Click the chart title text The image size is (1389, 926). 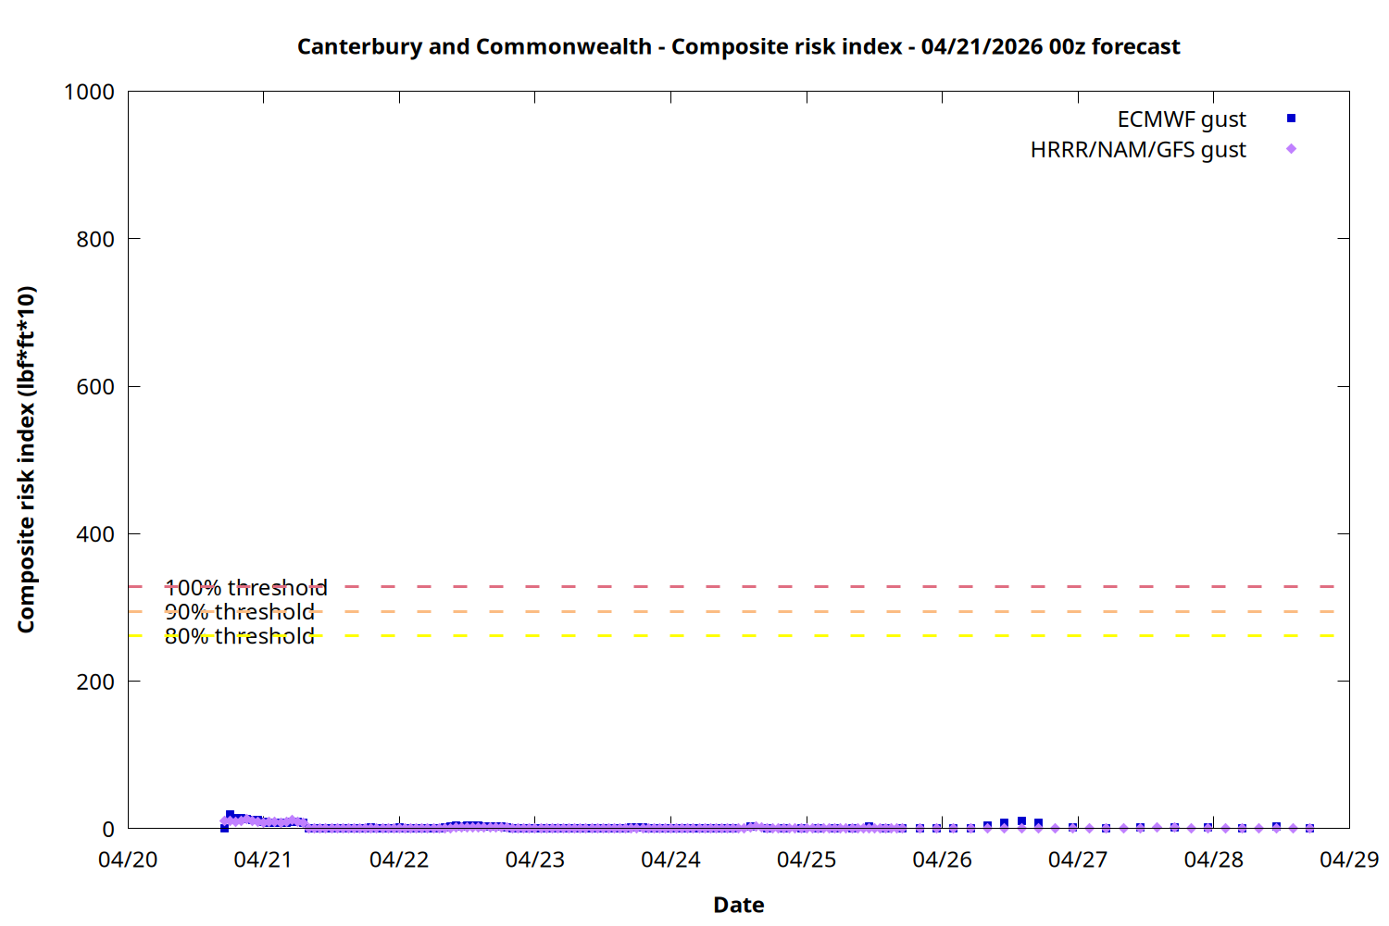pos(738,46)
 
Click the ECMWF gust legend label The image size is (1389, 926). pos(1181,119)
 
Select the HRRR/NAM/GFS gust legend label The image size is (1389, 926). pos(1137,150)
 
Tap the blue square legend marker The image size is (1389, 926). pos(1291,119)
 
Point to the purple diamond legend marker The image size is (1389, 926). pos(1291,149)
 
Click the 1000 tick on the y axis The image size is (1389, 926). pos(89,92)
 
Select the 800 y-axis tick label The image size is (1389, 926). pos(95,239)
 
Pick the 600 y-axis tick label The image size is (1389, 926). pos(95,387)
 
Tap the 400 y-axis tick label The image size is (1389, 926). pos(95,534)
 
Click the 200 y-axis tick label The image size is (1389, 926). pos(95,682)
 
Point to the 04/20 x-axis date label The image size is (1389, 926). pos(128,859)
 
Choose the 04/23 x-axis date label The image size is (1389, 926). pos(534,859)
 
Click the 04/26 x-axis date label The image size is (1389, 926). pos(942,859)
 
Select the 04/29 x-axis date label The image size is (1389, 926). pos(1348,859)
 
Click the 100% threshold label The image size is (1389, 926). pos(245,588)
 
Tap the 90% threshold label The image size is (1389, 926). pos(239,612)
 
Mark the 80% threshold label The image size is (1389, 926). pos(239,636)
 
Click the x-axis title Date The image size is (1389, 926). pos(738,905)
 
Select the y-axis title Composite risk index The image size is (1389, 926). pos(26,459)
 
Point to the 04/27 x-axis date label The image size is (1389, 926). pos(1077,859)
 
